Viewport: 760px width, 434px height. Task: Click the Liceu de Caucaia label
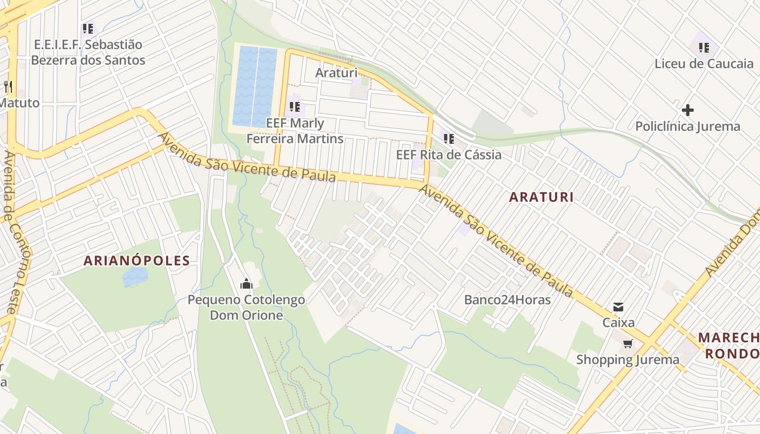[x=704, y=63]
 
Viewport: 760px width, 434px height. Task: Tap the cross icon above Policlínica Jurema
[x=687, y=111]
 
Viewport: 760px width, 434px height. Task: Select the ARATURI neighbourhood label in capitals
[x=541, y=197]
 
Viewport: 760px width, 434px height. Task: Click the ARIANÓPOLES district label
[x=137, y=260]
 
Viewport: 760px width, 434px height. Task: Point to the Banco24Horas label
[x=507, y=299]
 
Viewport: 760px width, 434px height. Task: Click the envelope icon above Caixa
[x=618, y=307]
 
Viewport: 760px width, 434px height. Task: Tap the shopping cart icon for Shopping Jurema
[x=628, y=343]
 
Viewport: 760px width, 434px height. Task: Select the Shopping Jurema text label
[x=628, y=360]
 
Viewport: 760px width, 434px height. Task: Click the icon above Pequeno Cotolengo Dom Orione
[x=246, y=284]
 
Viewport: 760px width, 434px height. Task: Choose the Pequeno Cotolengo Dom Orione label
[x=246, y=308]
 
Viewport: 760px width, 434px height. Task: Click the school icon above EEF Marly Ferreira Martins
[x=294, y=107]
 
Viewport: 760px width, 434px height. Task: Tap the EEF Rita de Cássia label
[x=448, y=155]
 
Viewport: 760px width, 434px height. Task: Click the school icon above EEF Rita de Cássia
[x=448, y=139]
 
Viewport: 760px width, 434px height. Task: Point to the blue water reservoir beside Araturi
[x=255, y=87]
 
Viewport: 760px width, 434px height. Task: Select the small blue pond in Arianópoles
[x=135, y=276]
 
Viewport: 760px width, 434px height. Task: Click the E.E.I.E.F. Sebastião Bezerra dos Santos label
[x=88, y=52]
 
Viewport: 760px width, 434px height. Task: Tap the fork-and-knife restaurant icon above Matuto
[x=8, y=87]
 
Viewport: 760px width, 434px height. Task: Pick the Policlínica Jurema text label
[x=687, y=126]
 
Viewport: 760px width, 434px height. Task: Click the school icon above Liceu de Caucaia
[x=704, y=48]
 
